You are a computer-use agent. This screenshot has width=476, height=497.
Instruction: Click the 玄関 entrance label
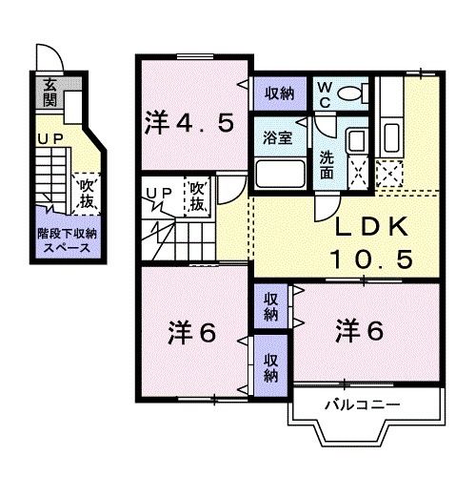tap(49, 93)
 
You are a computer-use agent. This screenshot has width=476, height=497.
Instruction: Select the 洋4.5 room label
tap(188, 123)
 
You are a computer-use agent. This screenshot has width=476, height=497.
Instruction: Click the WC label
tap(325, 92)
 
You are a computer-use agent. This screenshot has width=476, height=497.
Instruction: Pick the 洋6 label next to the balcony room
tap(360, 332)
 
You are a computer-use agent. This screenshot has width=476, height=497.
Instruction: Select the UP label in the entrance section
tap(48, 137)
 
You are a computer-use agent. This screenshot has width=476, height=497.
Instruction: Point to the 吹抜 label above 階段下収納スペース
tap(87, 190)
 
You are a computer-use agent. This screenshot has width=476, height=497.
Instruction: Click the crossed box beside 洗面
tap(358, 172)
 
